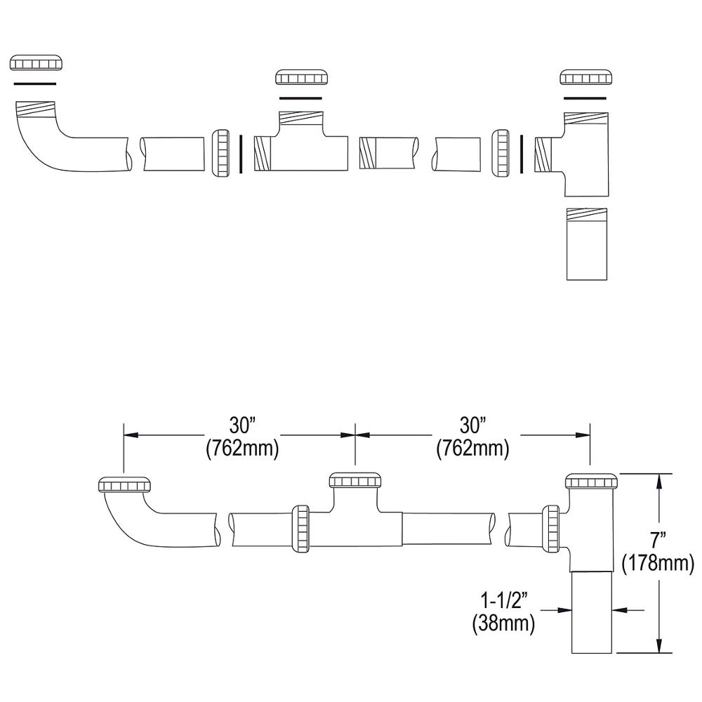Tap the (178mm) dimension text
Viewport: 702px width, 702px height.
click(x=658, y=563)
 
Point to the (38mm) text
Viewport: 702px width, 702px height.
click(x=503, y=622)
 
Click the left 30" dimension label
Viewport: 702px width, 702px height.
click(x=241, y=425)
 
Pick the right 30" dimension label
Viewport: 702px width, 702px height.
click(x=472, y=425)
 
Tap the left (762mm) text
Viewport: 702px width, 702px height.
click(x=242, y=448)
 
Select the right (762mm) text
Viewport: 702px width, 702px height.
click(x=472, y=448)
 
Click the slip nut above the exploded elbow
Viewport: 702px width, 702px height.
click(x=35, y=62)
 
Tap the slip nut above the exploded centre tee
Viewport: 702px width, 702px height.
click(x=301, y=77)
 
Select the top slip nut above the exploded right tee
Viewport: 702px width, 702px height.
click(x=585, y=77)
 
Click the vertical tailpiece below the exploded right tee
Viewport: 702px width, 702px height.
click(x=587, y=244)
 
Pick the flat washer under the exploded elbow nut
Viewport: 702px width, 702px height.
click(x=35, y=84)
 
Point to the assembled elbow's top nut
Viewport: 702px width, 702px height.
click(x=124, y=484)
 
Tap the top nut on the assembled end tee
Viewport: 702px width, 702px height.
click(x=591, y=482)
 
